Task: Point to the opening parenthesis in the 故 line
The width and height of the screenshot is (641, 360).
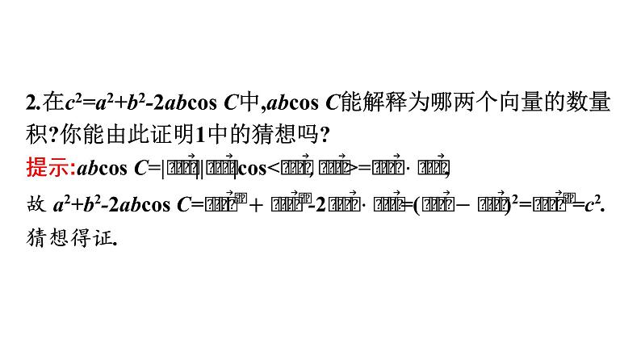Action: coord(416,206)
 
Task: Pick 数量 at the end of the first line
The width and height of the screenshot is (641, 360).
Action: coord(593,103)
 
